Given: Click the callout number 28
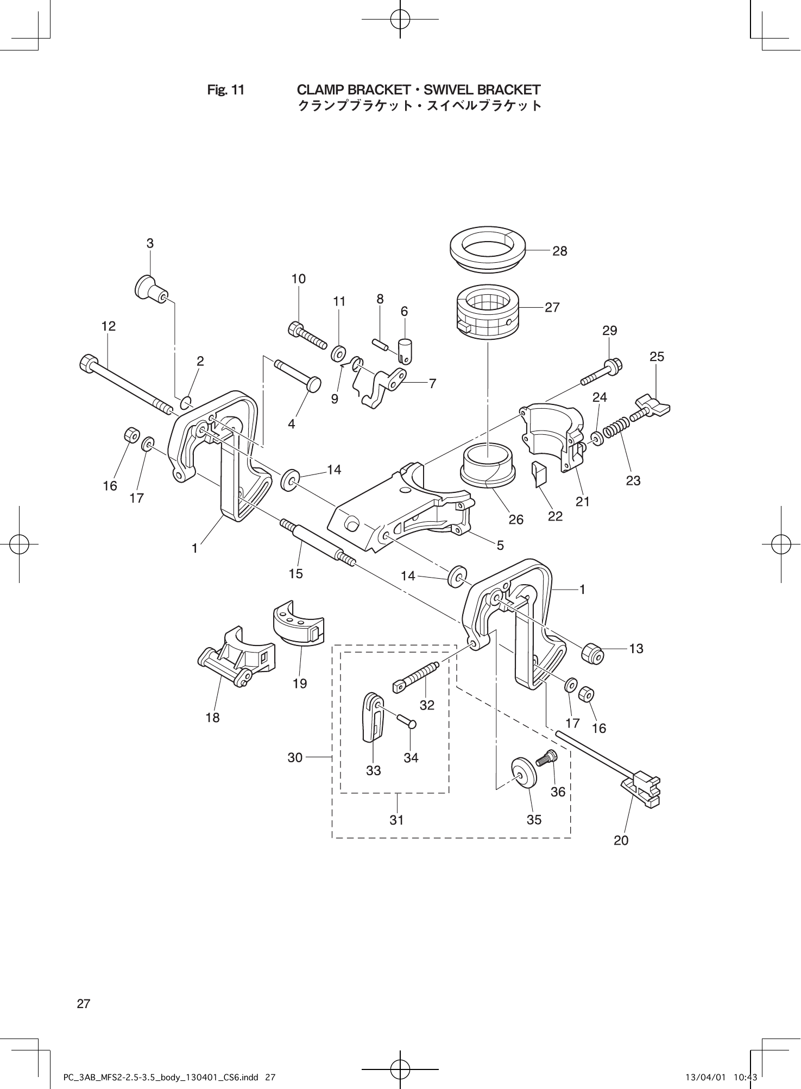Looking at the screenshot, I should (559, 251).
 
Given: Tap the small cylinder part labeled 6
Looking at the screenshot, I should (405, 350).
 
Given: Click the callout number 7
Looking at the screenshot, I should (432, 384).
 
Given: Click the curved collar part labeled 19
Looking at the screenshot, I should (298, 624).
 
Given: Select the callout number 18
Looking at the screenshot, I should (213, 717).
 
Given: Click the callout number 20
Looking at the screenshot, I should (621, 840).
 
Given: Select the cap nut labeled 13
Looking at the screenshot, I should (592, 653).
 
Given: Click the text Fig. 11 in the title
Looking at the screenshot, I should (226, 90).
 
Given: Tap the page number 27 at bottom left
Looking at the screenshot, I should (84, 1004).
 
